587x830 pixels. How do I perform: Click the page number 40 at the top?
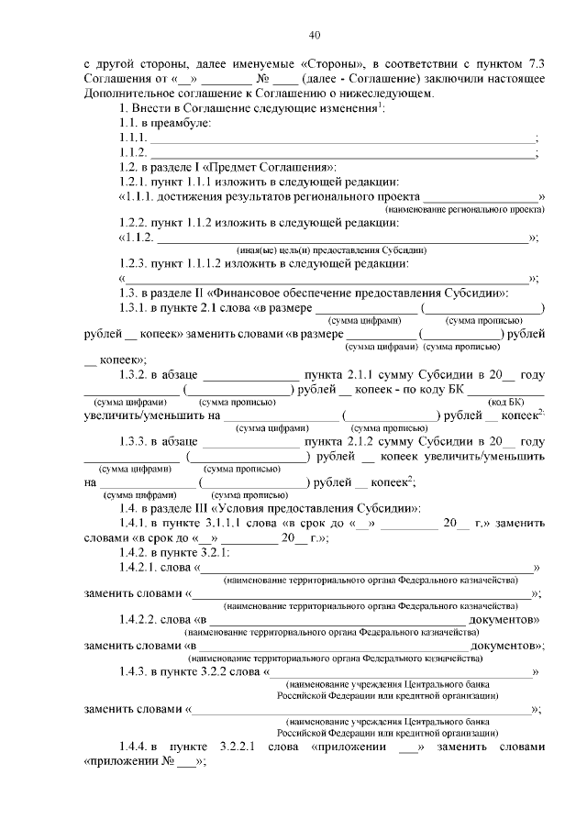[314, 35]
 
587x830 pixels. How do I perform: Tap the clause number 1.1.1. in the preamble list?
[133, 138]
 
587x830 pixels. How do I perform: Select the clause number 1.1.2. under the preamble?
[133, 152]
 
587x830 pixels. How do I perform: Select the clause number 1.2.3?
[137, 264]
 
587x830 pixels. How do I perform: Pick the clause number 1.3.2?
[137, 374]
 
